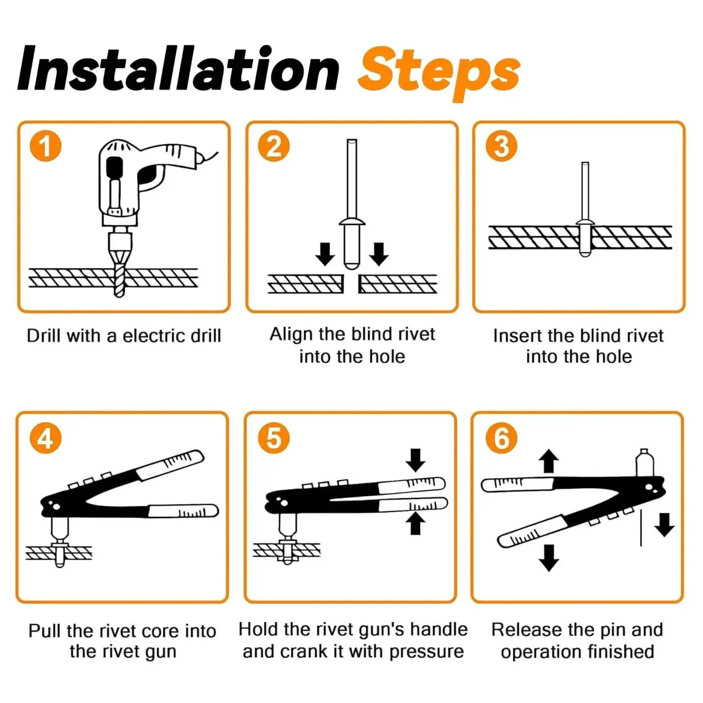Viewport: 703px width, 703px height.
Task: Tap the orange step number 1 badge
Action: [x=45, y=146]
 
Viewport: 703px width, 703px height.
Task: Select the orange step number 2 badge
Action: [x=273, y=146]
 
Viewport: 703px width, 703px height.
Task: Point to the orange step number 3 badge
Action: [x=501, y=146]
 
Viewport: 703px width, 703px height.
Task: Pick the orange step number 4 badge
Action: [x=45, y=438]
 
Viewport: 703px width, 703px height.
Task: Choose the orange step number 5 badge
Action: [x=273, y=438]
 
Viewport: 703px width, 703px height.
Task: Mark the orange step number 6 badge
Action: [x=501, y=438]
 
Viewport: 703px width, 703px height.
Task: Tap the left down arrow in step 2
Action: [x=325, y=254]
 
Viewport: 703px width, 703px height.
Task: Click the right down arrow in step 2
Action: [x=379, y=254]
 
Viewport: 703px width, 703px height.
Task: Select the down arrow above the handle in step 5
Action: [x=416, y=460]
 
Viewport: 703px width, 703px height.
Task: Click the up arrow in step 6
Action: [x=548, y=460]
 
